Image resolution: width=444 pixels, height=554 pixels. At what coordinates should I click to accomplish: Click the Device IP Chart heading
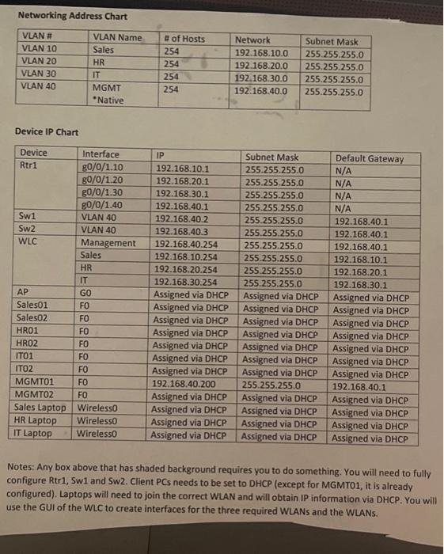[47, 131]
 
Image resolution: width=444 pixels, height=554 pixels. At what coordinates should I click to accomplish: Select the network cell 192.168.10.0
[261, 54]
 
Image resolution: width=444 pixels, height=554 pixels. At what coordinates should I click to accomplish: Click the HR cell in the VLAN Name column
[100, 63]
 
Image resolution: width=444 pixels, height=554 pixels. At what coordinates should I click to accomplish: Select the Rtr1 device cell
[28, 167]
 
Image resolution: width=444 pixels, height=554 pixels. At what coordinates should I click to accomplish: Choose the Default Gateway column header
[369, 158]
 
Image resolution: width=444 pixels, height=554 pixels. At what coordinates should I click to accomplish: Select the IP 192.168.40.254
[189, 244]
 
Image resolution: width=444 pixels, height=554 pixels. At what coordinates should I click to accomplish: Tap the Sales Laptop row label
[40, 408]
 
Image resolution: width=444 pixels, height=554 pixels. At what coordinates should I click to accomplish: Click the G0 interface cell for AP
[86, 293]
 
